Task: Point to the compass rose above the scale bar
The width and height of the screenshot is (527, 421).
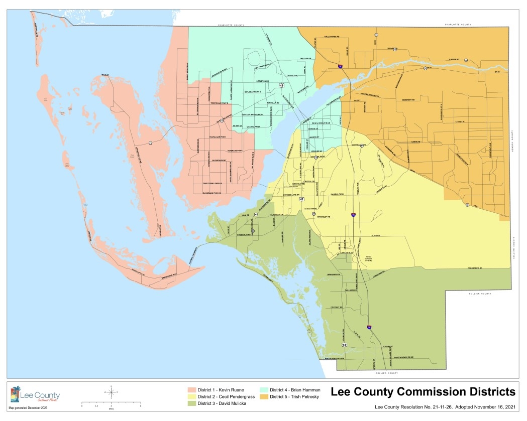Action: (111, 391)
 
